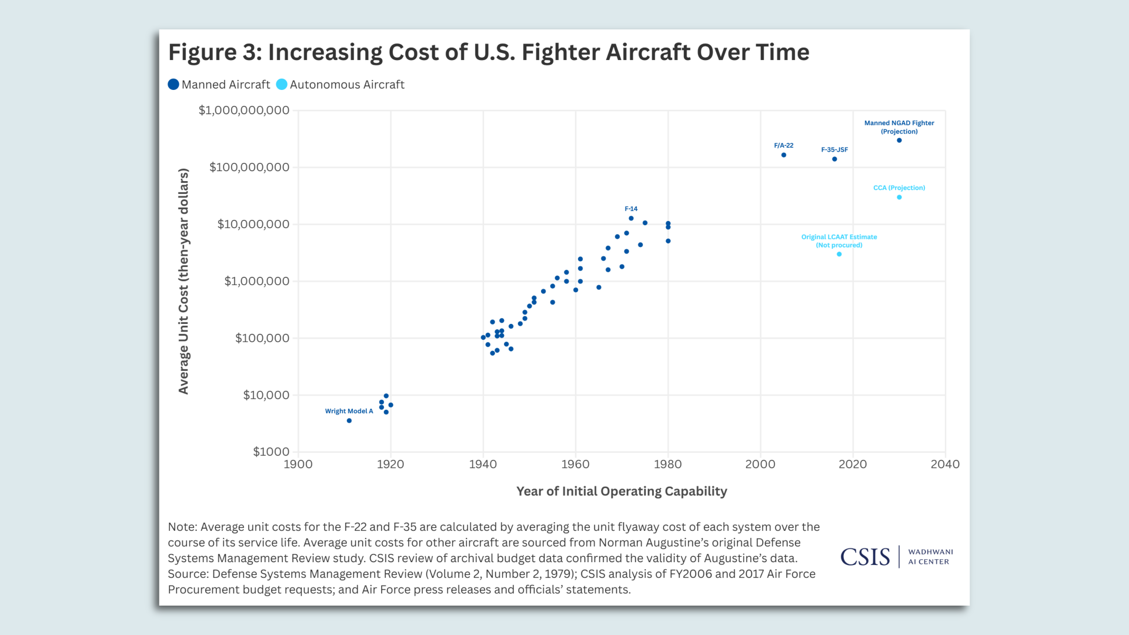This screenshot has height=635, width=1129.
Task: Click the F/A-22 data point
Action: click(783, 155)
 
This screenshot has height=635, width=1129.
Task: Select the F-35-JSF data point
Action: click(834, 159)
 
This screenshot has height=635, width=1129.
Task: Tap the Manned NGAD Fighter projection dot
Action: click(898, 141)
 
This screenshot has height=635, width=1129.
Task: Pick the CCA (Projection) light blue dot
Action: click(898, 198)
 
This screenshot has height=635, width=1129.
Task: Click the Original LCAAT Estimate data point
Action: click(839, 255)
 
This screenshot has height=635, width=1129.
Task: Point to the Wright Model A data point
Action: click(349, 421)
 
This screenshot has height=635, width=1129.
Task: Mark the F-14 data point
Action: click(631, 219)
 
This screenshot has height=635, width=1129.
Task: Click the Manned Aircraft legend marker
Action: click(173, 85)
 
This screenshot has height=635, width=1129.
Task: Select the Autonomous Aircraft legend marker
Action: click(282, 85)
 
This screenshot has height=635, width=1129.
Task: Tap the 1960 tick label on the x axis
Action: click(575, 464)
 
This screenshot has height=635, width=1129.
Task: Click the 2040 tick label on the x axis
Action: click(944, 464)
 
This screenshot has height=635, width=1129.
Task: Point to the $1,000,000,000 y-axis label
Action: click(243, 111)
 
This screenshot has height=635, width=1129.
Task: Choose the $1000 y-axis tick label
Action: click(271, 452)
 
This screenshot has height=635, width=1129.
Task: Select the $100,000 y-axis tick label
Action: click(262, 338)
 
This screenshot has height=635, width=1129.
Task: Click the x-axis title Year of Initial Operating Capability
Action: click(622, 492)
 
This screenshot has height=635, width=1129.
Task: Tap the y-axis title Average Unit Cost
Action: click(183, 281)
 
